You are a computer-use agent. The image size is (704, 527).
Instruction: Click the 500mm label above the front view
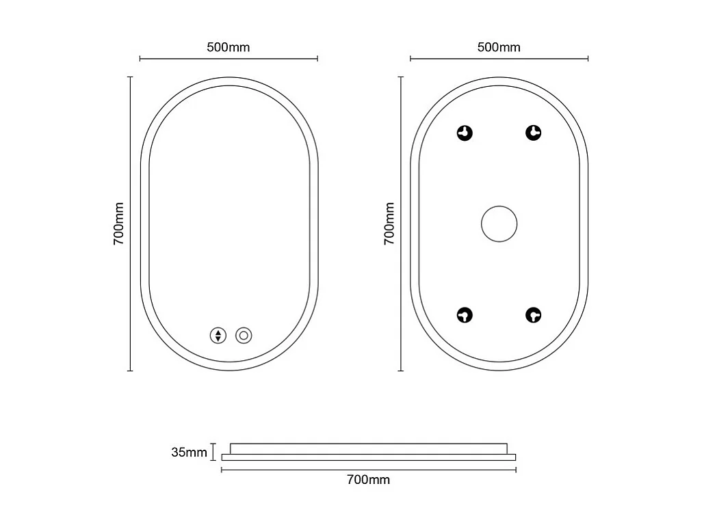pos(228,47)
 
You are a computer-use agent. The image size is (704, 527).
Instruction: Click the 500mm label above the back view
pos(499,47)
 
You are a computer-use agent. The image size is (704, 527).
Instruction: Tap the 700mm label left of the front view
pos(118,224)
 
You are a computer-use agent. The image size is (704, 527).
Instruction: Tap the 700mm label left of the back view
pos(389,224)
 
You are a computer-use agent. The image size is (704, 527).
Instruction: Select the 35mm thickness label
pos(189,452)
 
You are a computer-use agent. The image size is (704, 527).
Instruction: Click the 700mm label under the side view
pos(369,479)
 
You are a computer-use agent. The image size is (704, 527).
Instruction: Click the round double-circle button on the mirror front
pos(244,336)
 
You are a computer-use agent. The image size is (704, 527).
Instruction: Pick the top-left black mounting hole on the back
pos(465,133)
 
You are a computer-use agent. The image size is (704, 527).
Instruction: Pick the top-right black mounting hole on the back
pos(534,133)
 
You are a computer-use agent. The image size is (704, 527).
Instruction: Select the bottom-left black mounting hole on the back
pos(465,315)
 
